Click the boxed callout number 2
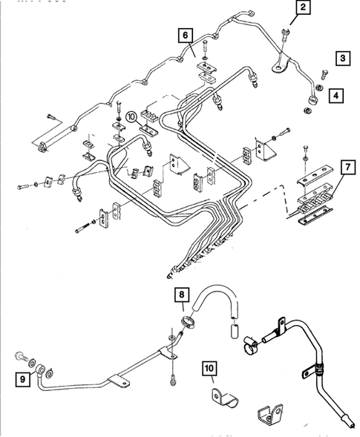tap(302, 9)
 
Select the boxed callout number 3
tap(342, 58)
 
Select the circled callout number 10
tap(131, 116)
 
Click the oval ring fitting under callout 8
tap(189, 321)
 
